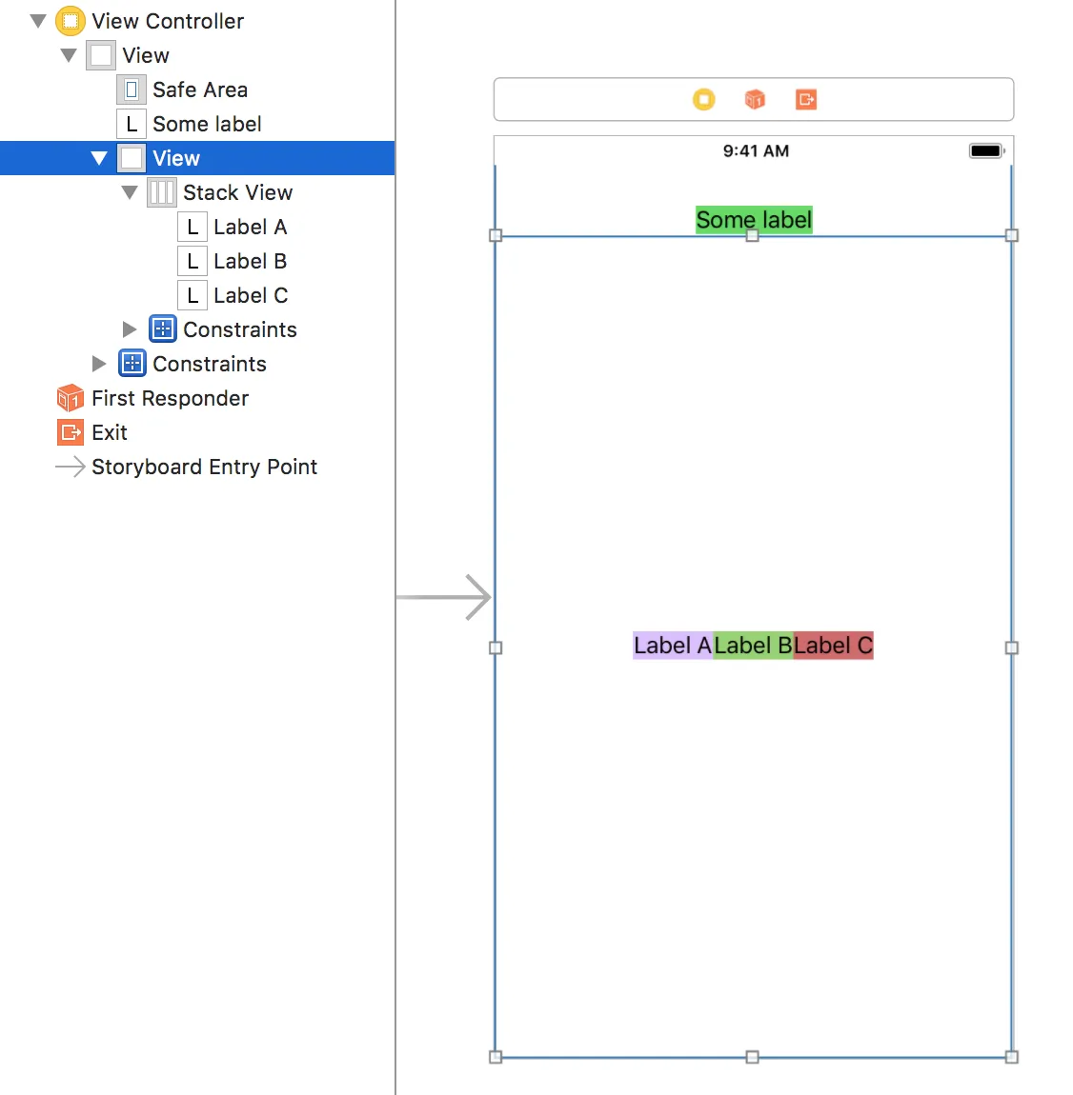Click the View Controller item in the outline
167,21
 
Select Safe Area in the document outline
199,90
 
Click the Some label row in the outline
206,124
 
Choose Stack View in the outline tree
237,192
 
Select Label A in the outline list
250,227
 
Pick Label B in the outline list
250,261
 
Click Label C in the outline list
250,295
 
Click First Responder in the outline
170,398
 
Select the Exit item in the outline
109,432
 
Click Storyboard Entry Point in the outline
204,467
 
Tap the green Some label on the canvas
754,220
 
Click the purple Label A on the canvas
673,646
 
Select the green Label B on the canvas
753,646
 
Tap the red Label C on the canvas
833,646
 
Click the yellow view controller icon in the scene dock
703,99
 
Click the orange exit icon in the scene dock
806,99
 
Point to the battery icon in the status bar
986,150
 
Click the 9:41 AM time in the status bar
756,150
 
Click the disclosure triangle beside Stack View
130,192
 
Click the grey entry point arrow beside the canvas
444,597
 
